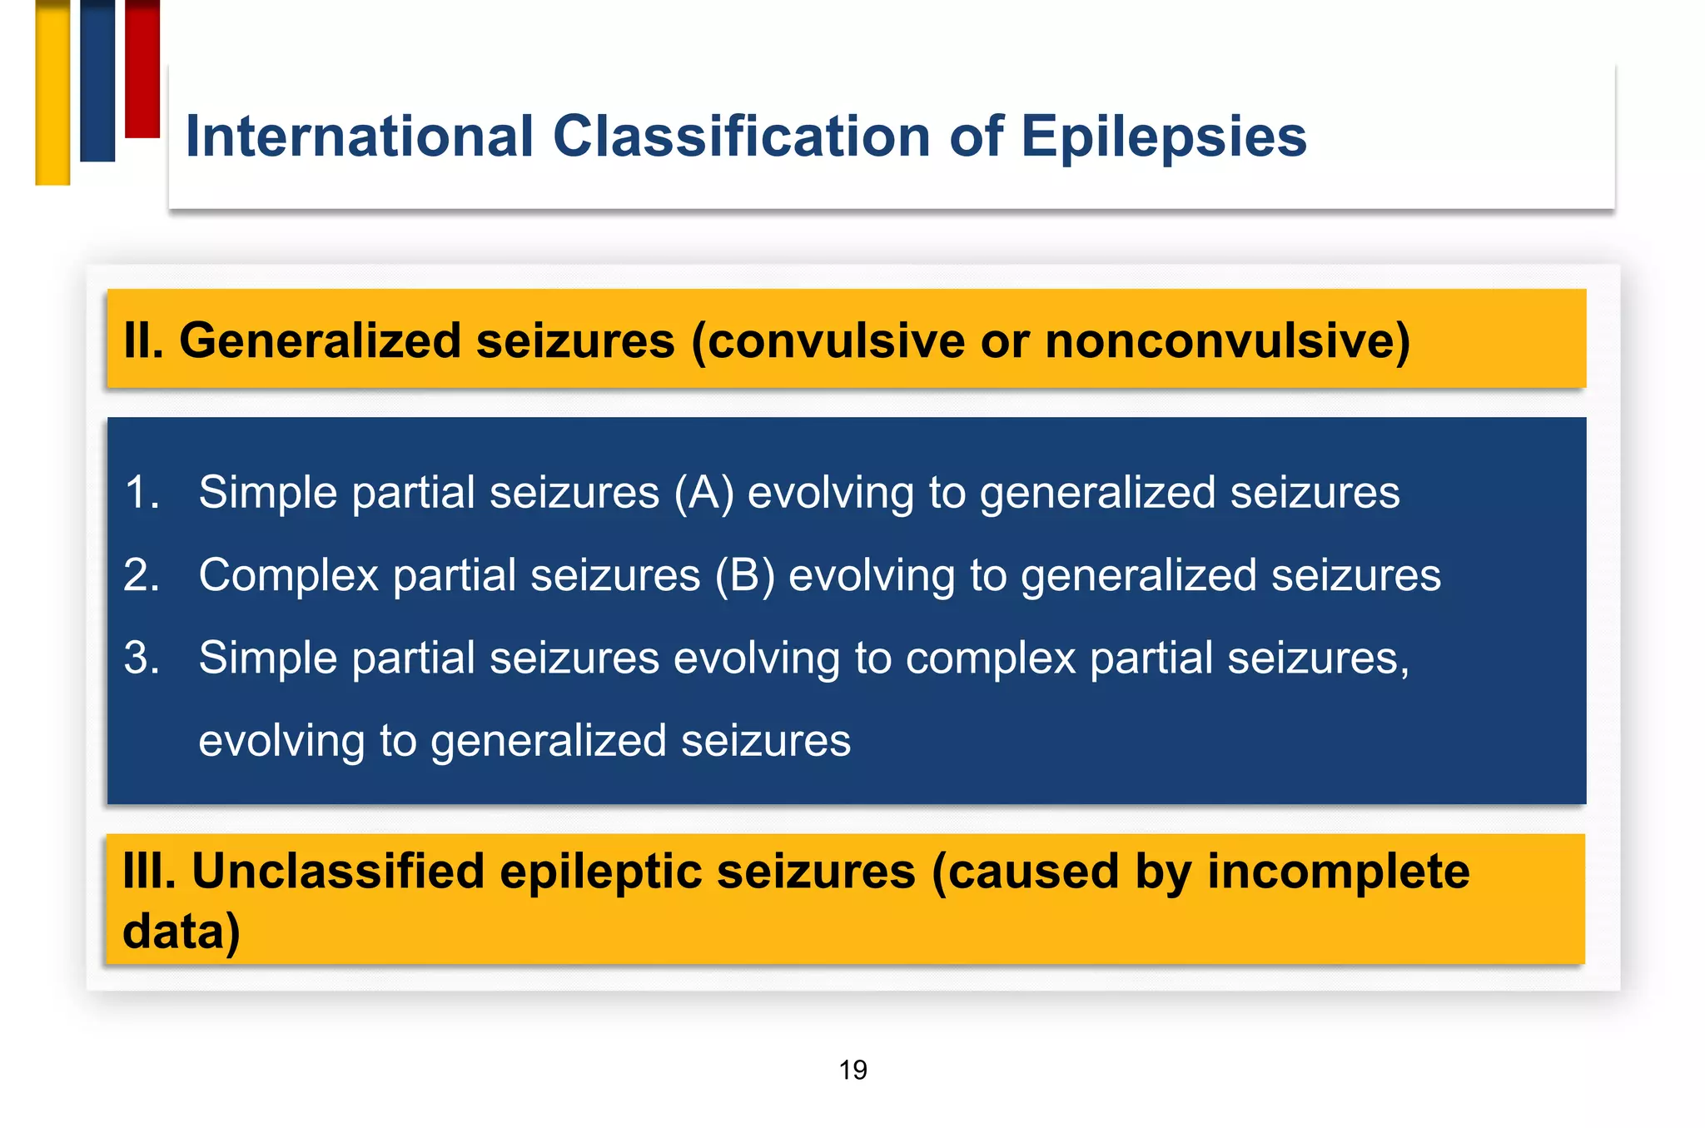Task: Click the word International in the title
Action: (x=359, y=137)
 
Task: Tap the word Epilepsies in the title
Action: (x=1163, y=137)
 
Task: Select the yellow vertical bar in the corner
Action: (x=52, y=92)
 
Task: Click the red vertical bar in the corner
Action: (x=142, y=68)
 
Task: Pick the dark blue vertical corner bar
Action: (x=97, y=80)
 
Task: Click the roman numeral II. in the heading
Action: (x=143, y=340)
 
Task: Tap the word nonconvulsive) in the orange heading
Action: (x=1227, y=340)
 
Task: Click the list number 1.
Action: (x=142, y=492)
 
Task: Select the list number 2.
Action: (x=142, y=574)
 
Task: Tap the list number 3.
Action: (x=142, y=657)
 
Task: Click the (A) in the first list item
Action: (x=703, y=492)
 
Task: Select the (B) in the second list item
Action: (x=744, y=574)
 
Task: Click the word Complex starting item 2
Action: (x=288, y=574)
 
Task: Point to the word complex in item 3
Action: (x=991, y=658)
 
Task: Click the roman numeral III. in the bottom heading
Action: (x=150, y=872)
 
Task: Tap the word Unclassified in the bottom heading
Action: (x=338, y=872)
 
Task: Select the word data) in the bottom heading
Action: (x=181, y=931)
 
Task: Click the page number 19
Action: (x=852, y=1070)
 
